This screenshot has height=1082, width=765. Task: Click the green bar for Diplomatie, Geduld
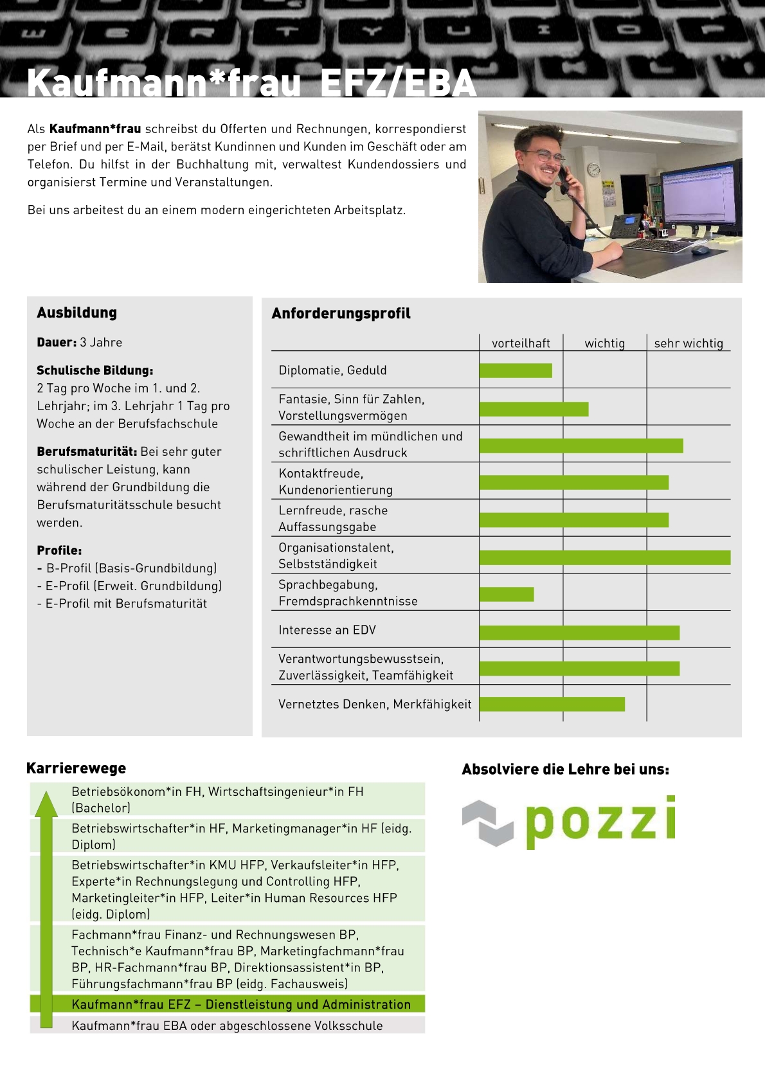[516, 370]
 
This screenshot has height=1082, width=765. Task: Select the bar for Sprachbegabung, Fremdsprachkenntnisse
[507, 594]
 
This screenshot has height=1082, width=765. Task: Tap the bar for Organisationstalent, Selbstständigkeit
[605, 557]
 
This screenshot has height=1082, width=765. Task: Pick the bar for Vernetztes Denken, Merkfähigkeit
[552, 704]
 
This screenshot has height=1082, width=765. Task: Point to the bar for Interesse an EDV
[579, 632]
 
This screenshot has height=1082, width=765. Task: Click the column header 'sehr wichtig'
[688, 343]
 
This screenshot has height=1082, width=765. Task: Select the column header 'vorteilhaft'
[521, 343]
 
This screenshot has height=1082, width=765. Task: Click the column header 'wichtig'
[604, 343]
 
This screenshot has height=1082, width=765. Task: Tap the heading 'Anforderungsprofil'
[341, 314]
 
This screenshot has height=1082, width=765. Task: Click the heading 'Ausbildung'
[76, 313]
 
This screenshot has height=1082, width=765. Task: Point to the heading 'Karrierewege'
[76, 768]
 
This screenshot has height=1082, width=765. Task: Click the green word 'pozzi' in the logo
[600, 820]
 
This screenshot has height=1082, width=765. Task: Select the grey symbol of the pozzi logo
[488, 822]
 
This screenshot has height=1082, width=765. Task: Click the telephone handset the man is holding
[564, 177]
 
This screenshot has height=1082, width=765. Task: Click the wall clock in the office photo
[594, 169]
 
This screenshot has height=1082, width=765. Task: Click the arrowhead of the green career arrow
[46, 805]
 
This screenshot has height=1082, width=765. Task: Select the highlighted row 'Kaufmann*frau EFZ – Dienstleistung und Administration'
[240, 1004]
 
